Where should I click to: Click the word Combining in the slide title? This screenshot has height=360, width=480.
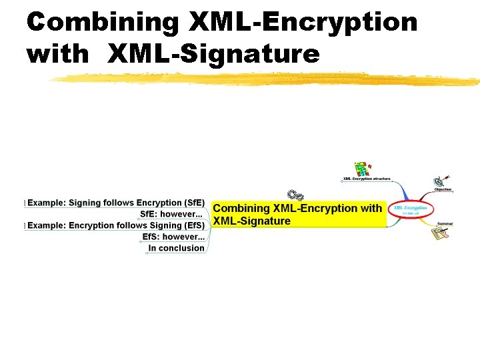(102, 22)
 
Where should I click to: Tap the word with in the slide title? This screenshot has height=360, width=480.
(57, 54)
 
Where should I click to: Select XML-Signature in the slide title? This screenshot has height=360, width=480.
(213, 54)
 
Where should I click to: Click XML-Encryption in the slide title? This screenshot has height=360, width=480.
(303, 22)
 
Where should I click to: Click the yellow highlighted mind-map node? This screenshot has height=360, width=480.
(298, 215)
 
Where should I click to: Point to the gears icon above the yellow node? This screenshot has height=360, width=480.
(295, 195)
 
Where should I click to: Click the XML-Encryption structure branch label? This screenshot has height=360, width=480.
(367, 179)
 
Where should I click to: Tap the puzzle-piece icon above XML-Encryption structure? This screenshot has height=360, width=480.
(362, 168)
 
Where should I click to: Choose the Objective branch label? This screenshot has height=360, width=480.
(443, 189)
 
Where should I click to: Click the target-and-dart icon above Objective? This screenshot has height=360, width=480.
(441, 180)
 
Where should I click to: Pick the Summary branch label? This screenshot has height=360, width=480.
(445, 224)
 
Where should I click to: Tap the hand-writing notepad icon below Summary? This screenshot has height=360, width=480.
(439, 234)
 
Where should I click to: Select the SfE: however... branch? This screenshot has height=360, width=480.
(171, 214)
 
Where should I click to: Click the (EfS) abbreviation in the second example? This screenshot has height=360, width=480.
(194, 225)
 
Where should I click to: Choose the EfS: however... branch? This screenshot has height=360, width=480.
(173, 237)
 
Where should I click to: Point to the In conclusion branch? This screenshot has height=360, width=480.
(176, 248)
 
